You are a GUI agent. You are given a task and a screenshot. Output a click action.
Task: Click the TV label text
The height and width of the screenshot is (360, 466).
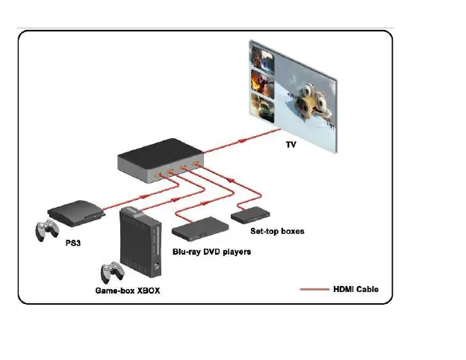[291, 144]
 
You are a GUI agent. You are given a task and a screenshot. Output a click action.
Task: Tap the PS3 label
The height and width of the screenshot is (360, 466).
[72, 243]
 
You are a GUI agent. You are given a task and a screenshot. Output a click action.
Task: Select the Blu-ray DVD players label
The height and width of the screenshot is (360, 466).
[211, 252]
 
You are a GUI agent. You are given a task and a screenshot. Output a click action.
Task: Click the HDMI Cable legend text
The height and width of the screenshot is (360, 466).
[361, 289]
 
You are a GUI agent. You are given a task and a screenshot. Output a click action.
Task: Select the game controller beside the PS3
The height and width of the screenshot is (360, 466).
[49, 229]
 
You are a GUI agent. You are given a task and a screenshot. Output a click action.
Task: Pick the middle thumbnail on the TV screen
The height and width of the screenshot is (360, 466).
[262, 80]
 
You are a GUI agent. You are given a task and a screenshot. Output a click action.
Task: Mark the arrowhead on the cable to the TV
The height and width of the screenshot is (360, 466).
[240, 140]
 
